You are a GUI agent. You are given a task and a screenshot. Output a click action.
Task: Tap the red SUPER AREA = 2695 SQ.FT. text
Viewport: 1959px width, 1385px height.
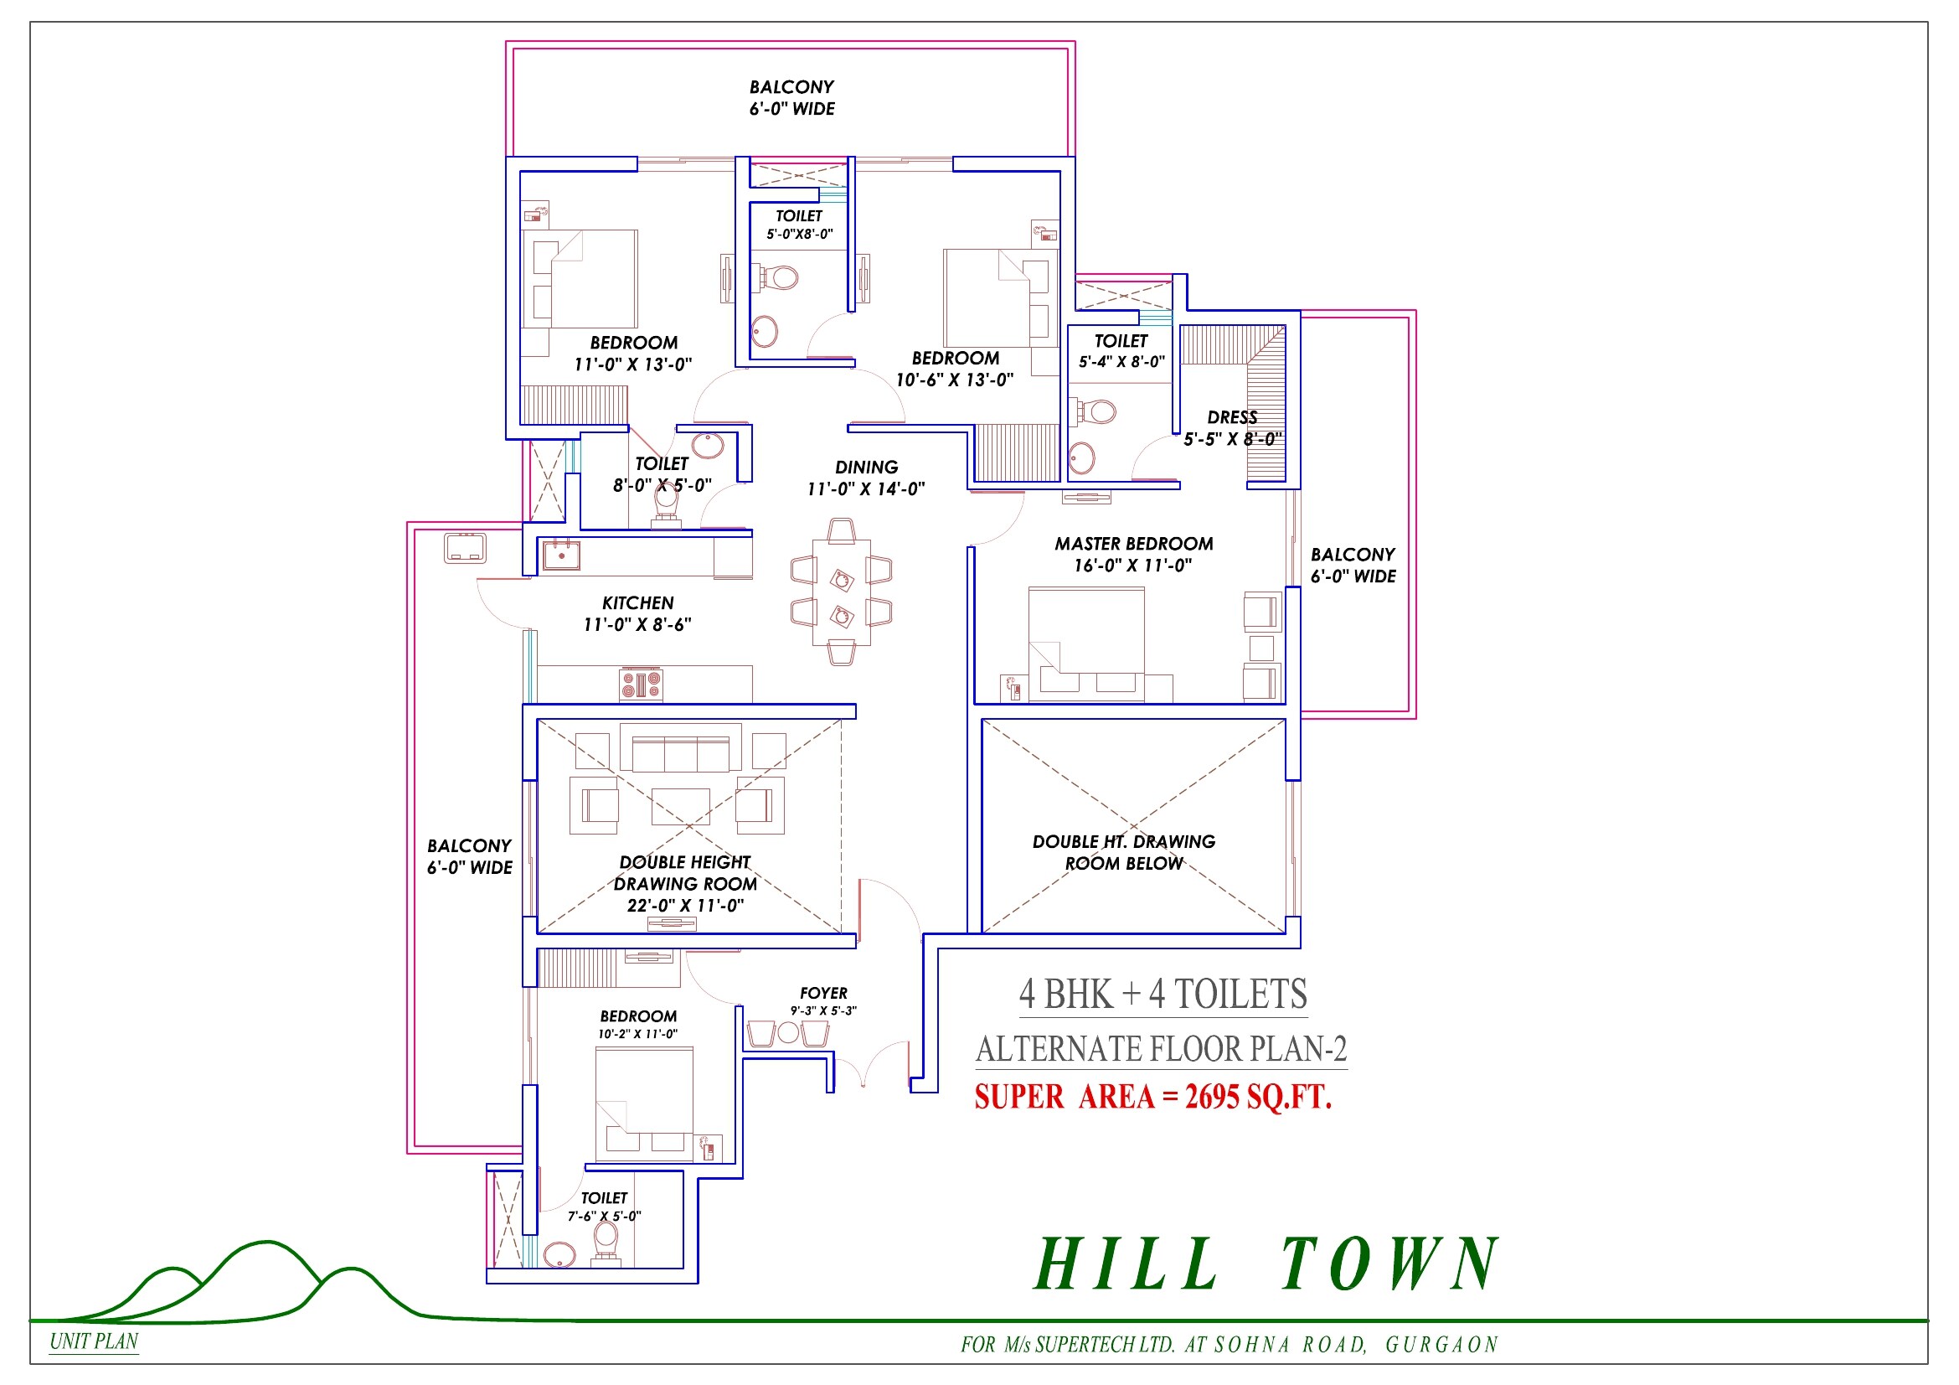tap(1152, 1098)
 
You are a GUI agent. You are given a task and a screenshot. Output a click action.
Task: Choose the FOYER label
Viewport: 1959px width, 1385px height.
tap(823, 994)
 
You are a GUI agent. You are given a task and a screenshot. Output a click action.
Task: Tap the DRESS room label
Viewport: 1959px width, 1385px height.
tap(1232, 417)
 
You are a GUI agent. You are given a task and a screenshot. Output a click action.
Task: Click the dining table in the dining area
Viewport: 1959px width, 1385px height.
tap(841, 593)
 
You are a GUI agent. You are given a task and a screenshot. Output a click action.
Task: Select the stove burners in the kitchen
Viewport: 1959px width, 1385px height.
tap(641, 685)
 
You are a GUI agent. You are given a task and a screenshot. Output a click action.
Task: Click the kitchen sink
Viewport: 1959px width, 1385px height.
tap(561, 556)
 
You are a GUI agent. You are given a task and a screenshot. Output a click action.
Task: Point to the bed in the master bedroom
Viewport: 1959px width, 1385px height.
tap(1086, 644)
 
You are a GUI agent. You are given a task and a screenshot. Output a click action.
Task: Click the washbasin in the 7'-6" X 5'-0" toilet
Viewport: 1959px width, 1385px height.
tap(559, 1254)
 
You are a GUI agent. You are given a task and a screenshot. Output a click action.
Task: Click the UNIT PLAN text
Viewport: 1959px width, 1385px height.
tap(94, 1341)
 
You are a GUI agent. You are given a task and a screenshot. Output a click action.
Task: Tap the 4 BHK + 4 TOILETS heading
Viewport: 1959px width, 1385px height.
tap(1163, 995)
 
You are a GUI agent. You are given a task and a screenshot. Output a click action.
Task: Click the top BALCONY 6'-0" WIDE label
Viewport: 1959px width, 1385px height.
tap(791, 97)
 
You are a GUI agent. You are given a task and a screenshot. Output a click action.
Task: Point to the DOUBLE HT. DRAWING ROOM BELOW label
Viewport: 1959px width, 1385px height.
tap(1124, 852)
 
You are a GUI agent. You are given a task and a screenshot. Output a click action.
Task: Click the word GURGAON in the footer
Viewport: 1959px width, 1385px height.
tap(1441, 1345)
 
